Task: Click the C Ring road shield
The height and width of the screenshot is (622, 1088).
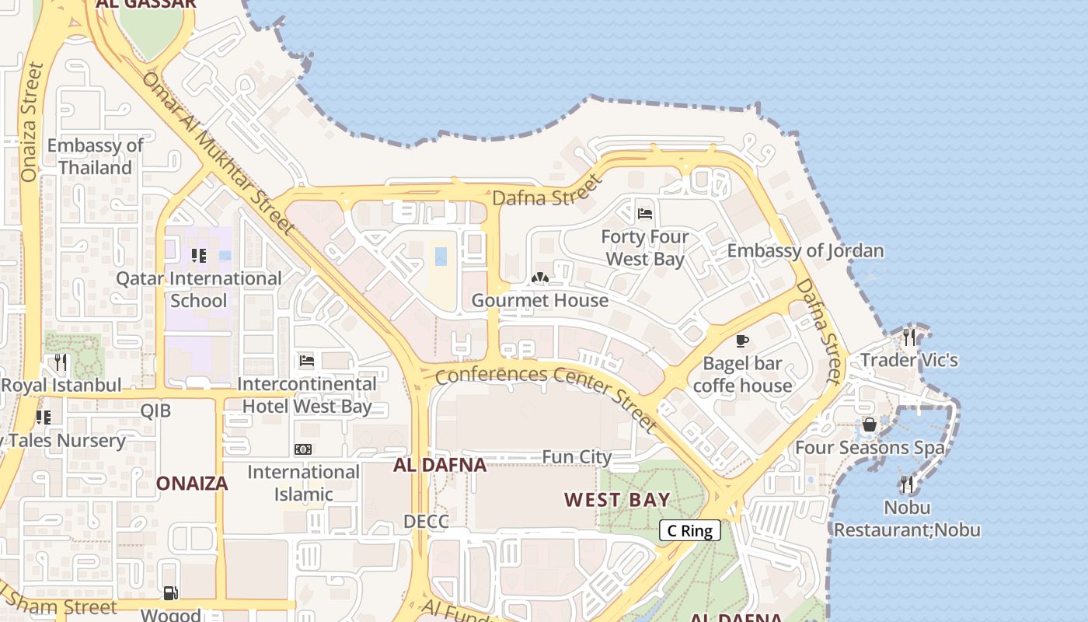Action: [690, 531]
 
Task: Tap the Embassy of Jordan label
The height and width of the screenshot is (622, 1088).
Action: [805, 250]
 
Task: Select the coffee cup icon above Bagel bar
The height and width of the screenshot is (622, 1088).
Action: [742, 341]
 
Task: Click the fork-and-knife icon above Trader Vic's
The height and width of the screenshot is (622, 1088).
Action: [908, 337]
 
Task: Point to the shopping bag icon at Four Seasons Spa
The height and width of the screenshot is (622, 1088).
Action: [870, 425]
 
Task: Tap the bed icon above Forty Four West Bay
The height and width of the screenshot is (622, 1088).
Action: [644, 213]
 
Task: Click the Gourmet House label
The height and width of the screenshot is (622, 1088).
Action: [540, 300]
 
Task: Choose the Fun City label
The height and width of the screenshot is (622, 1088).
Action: [577, 457]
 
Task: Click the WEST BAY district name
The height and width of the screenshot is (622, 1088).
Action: [617, 499]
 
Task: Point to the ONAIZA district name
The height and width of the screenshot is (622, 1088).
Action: [192, 484]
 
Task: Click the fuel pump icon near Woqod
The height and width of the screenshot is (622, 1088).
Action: [170, 593]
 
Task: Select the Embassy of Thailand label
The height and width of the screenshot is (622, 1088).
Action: [96, 156]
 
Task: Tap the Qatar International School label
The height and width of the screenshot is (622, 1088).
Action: [199, 289]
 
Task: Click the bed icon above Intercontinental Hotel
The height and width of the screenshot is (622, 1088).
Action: [307, 361]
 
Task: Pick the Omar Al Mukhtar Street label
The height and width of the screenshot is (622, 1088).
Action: [218, 152]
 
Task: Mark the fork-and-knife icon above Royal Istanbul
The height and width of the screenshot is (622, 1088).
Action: [61, 362]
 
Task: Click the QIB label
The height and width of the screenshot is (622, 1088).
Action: [155, 411]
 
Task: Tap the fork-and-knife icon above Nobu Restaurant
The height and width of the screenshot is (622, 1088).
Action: [907, 484]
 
